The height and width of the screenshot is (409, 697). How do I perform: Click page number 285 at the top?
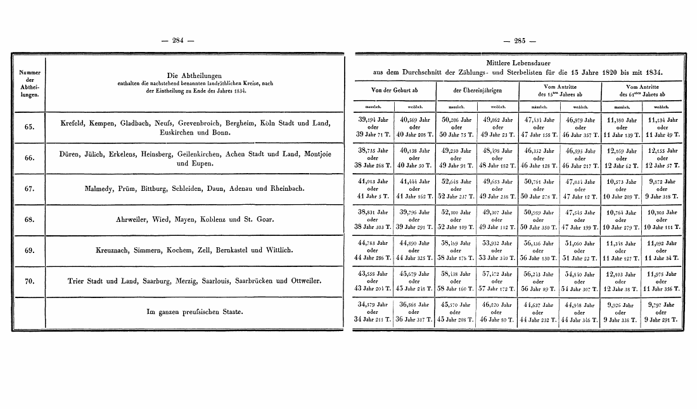pyautogui.click(x=520, y=41)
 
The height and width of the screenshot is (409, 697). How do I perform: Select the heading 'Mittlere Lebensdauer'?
pyautogui.click(x=518, y=63)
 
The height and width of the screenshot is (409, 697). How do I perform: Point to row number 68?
pyautogui.click(x=29, y=220)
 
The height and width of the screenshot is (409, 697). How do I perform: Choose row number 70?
pyautogui.click(x=29, y=281)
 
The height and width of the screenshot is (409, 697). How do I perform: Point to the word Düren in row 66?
pyautogui.click(x=71, y=153)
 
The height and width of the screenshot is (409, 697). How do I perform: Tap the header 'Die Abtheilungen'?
pyautogui.click(x=191, y=75)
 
